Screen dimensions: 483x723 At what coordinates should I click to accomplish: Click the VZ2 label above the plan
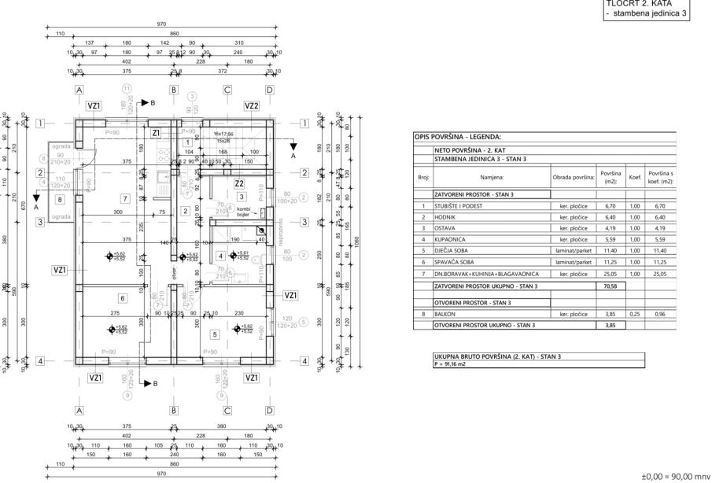pyautogui.click(x=252, y=105)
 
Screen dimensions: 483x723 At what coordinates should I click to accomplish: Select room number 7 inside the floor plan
pyautogui.click(x=124, y=197)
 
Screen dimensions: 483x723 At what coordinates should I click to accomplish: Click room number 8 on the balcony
pyautogui.click(x=60, y=200)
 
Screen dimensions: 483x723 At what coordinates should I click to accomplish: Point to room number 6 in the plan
pyautogui.click(x=124, y=298)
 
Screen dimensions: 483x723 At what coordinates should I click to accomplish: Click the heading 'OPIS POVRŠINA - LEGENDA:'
pyautogui.click(x=458, y=137)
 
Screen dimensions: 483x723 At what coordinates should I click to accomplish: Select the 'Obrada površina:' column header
pyautogui.click(x=573, y=178)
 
